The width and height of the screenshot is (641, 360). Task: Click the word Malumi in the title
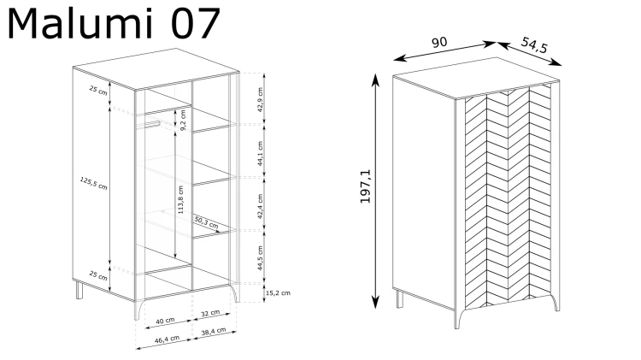click(x=80, y=24)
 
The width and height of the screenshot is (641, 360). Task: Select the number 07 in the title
click(x=195, y=24)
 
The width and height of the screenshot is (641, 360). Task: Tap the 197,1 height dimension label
click(x=366, y=186)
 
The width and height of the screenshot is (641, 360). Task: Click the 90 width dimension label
click(x=439, y=43)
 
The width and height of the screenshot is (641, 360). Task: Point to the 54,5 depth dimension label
click(x=534, y=45)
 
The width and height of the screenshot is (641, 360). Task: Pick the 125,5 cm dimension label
click(x=93, y=183)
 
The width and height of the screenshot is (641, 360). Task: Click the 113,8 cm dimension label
click(x=180, y=199)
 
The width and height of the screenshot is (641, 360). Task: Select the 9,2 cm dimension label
click(x=182, y=121)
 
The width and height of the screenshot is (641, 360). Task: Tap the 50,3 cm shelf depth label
click(x=206, y=222)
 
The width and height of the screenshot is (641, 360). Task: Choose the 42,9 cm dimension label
click(x=261, y=100)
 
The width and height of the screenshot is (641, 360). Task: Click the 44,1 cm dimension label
click(x=261, y=153)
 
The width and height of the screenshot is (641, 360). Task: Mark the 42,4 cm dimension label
click(x=261, y=207)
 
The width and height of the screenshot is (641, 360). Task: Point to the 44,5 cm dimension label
click(x=261, y=258)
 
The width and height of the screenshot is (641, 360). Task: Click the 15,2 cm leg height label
click(x=278, y=293)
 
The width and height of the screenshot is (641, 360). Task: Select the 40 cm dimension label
click(x=165, y=321)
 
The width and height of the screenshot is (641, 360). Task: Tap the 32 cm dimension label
click(x=210, y=313)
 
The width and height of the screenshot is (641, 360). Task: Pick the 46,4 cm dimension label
click(x=167, y=339)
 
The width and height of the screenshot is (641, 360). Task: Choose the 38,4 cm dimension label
click(x=214, y=332)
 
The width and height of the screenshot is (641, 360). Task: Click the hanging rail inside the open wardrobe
click(x=148, y=125)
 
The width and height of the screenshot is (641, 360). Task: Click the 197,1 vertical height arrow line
click(x=375, y=191)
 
